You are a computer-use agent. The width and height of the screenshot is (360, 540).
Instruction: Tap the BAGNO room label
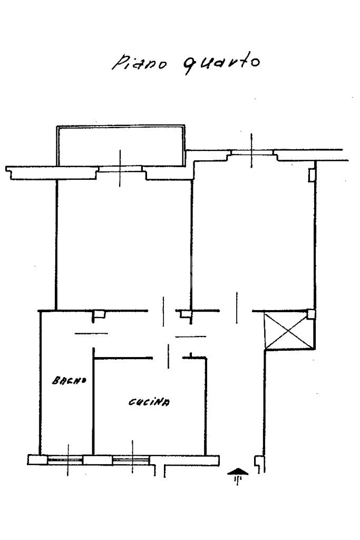(x=69, y=380)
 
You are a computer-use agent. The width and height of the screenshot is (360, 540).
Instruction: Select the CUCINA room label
(x=149, y=402)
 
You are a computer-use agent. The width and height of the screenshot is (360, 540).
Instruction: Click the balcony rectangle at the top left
(x=121, y=144)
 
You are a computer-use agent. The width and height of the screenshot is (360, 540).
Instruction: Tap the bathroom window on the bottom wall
(x=66, y=460)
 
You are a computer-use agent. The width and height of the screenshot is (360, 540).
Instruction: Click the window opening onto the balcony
(x=121, y=169)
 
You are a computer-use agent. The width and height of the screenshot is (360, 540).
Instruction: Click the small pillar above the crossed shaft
(x=312, y=314)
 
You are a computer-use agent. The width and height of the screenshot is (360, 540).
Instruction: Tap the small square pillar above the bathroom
(x=98, y=315)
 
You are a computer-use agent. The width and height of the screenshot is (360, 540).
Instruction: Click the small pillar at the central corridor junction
(x=185, y=314)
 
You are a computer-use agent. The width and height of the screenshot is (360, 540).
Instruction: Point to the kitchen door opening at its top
(x=168, y=358)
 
